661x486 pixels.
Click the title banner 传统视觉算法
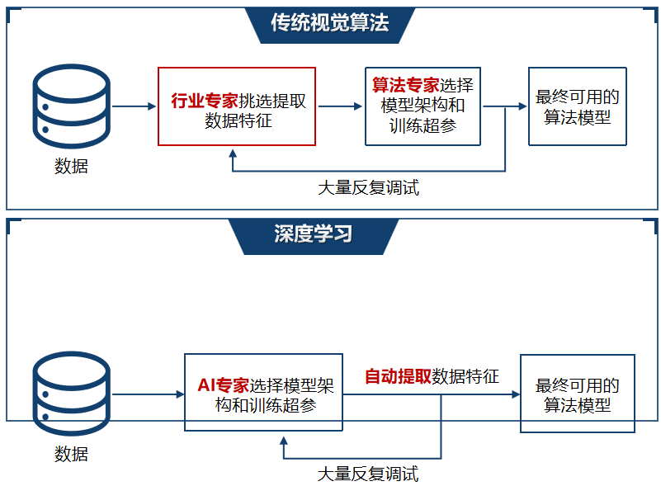[x=330, y=25]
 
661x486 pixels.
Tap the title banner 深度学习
[x=314, y=236]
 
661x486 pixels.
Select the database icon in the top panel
[x=71, y=106]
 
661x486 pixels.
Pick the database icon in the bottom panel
[x=71, y=394]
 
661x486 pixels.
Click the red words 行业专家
[x=205, y=101]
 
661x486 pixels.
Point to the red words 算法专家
[x=405, y=85]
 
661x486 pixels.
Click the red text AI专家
[x=224, y=385]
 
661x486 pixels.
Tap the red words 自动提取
[x=398, y=376]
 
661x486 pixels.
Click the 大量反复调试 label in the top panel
[x=368, y=187]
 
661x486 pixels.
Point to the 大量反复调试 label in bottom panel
[x=368, y=474]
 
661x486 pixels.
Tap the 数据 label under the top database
[x=71, y=166]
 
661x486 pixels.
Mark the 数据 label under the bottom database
[x=71, y=454]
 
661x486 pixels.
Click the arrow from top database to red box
[x=135, y=106]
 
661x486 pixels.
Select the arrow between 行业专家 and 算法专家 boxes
[x=340, y=106]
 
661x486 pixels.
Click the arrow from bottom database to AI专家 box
[x=149, y=394]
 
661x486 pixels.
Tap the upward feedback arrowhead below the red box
[x=232, y=153]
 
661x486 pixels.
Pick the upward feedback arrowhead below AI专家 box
[x=284, y=441]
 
